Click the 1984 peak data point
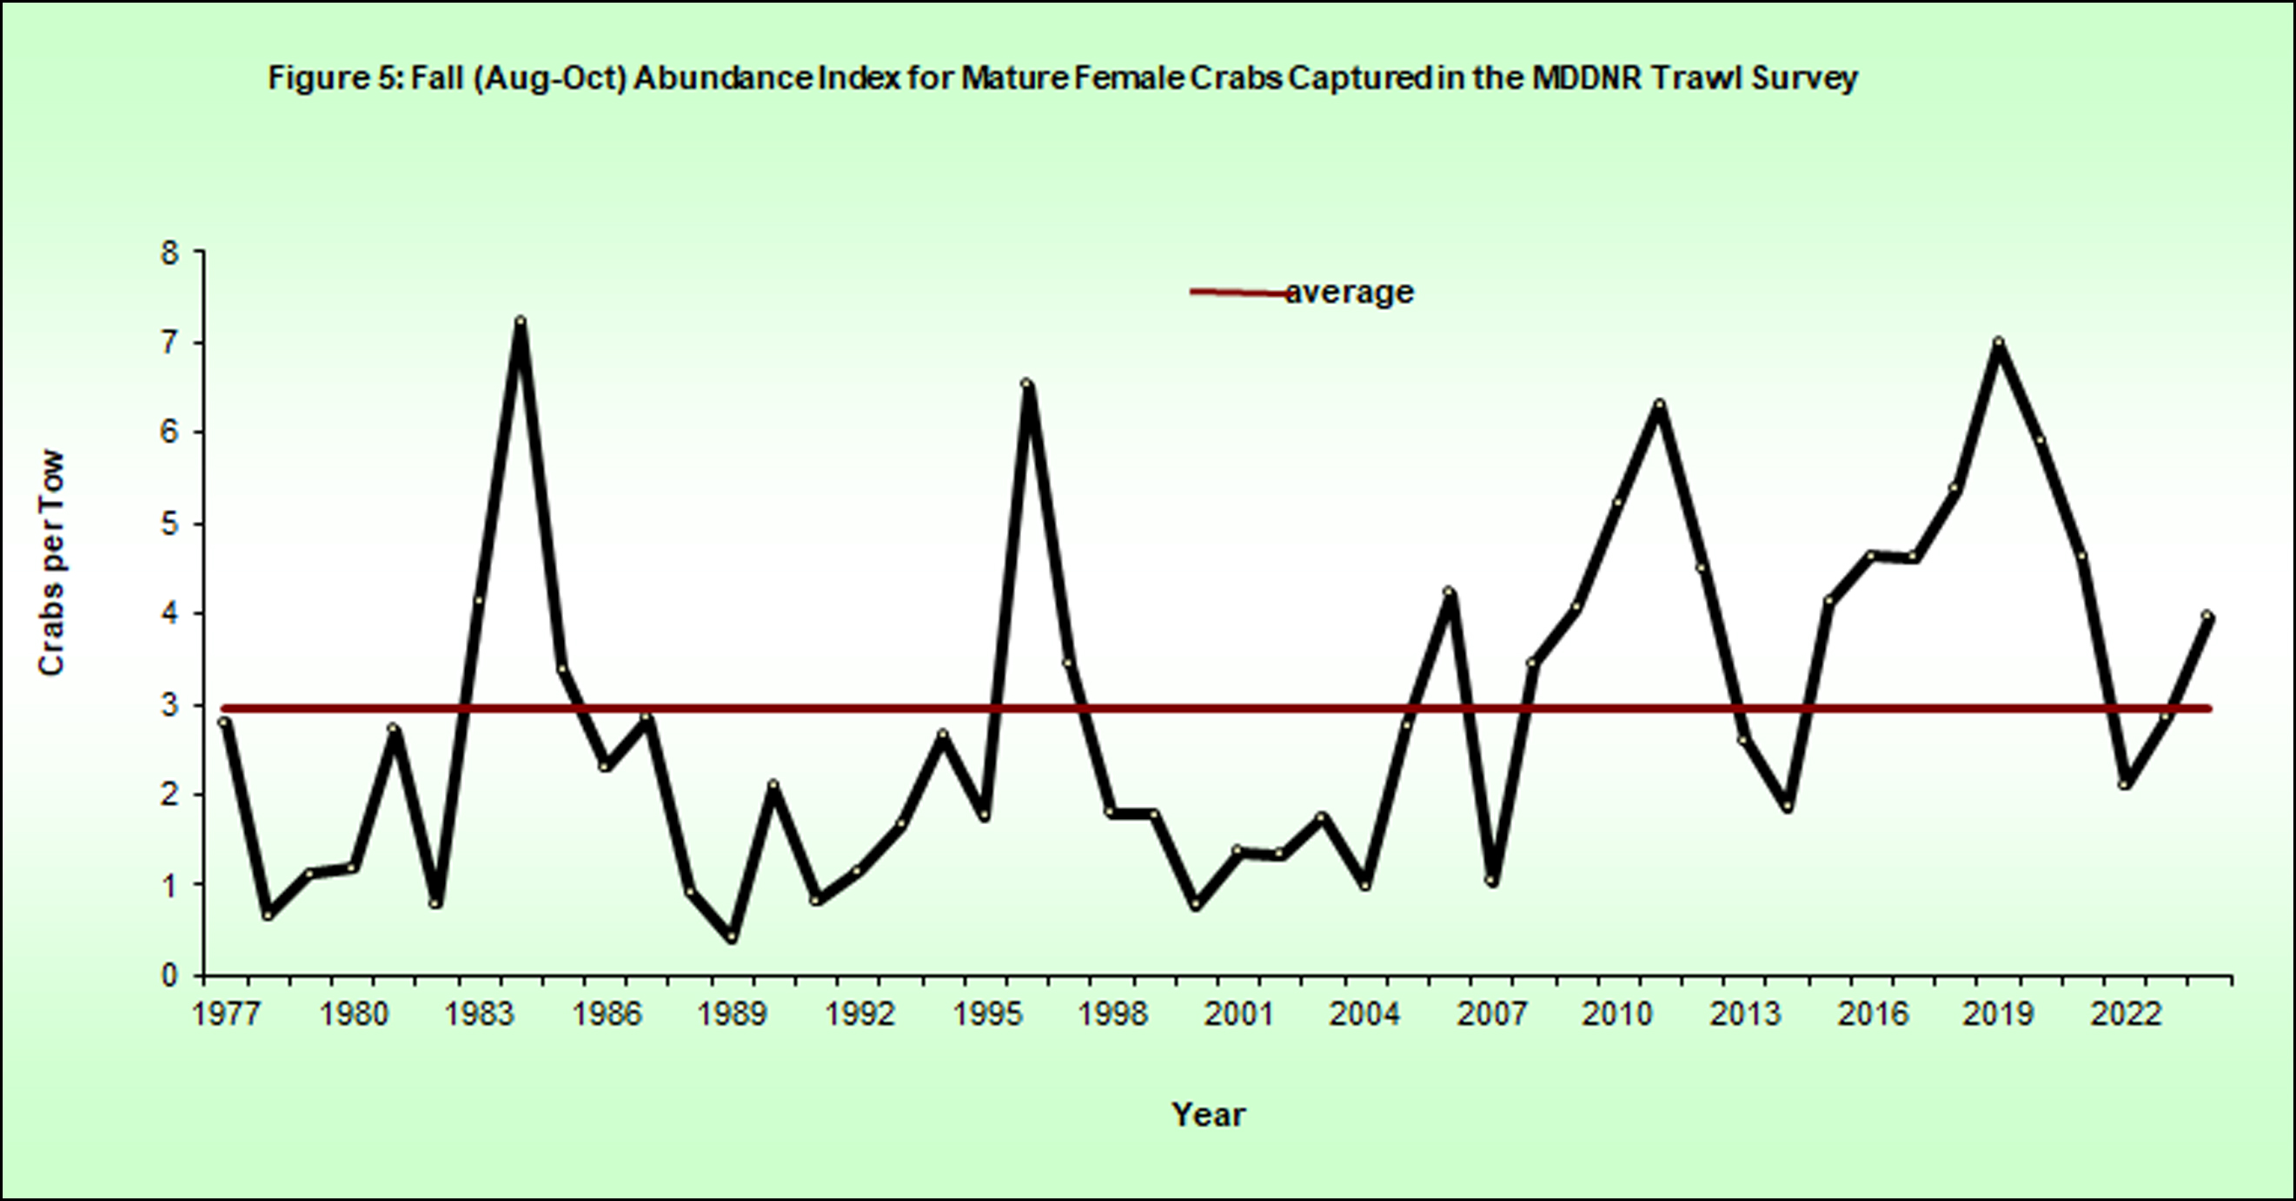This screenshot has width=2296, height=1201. click(x=521, y=320)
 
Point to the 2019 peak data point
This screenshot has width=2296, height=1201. click(x=1998, y=343)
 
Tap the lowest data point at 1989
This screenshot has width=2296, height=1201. click(x=732, y=937)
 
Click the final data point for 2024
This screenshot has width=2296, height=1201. click(x=2206, y=616)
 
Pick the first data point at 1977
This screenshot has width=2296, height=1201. click(x=224, y=722)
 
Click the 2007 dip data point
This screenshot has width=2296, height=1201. click(x=1491, y=882)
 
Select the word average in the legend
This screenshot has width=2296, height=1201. click(x=1350, y=293)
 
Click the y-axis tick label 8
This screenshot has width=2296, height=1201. click(x=169, y=253)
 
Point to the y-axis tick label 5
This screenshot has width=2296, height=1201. click(x=169, y=524)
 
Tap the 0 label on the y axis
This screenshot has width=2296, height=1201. click(x=169, y=975)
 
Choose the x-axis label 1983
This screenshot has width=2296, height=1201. click(x=480, y=1014)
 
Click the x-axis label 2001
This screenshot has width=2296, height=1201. click(x=1238, y=1014)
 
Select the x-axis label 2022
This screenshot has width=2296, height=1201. click(x=2125, y=1014)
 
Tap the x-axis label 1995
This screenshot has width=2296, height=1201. click(x=985, y=1014)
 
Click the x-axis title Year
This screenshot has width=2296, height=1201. click(x=1209, y=1113)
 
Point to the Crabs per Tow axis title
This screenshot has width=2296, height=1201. click(x=51, y=563)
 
